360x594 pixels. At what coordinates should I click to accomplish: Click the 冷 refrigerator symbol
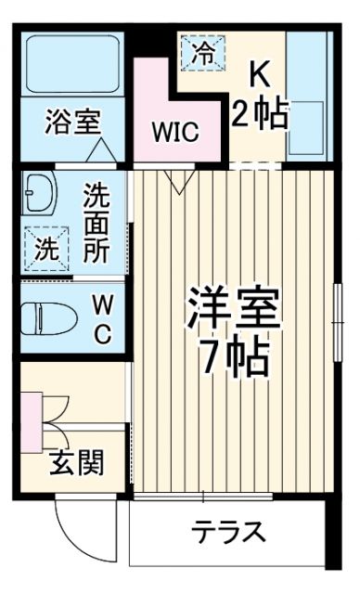click(x=203, y=52)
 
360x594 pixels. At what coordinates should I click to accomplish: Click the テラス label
click(x=229, y=533)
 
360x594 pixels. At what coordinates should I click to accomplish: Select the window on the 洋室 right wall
click(x=337, y=315)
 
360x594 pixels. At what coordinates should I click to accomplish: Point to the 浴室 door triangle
click(x=102, y=150)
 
